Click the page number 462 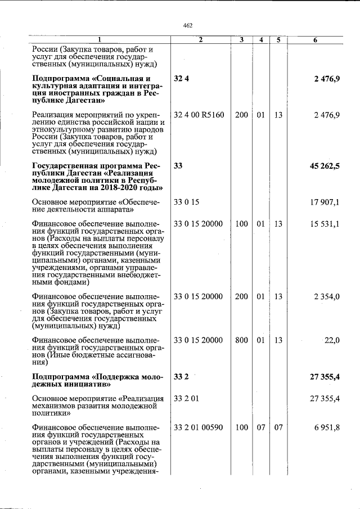click(188, 25)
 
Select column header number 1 click(100, 40)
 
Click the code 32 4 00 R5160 click(199, 115)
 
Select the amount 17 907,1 click(325, 201)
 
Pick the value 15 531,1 click(325, 224)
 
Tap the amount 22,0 click(330, 340)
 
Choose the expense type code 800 click(241, 340)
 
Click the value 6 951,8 click(326, 428)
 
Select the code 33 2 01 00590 click(199, 428)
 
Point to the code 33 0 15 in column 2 click(187, 201)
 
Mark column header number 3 click(241, 40)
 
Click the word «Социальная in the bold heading click(123, 78)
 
